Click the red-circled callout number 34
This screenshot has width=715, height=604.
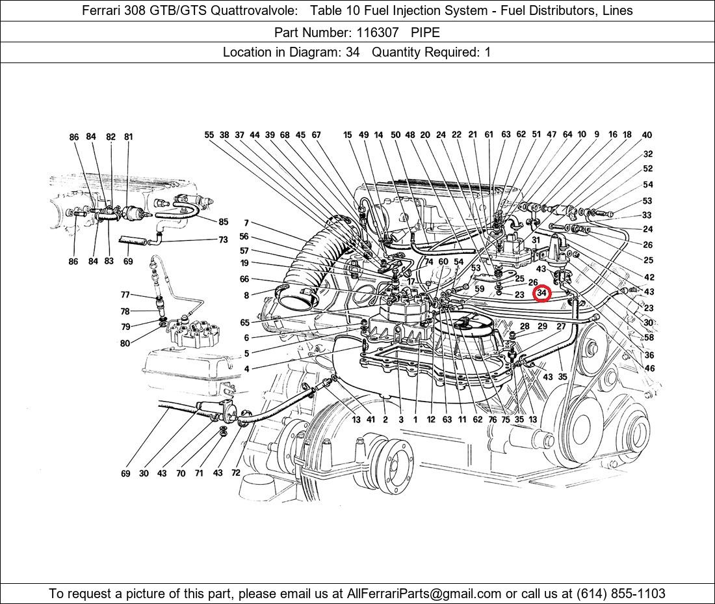[x=541, y=294]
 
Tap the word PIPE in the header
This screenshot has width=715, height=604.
[x=425, y=32]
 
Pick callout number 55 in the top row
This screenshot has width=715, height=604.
[x=209, y=135]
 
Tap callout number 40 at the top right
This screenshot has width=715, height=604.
[x=647, y=135]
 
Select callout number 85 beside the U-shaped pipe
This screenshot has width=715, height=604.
[x=223, y=222]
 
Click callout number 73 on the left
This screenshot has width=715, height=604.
[x=223, y=240]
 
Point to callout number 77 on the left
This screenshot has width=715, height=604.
[x=125, y=295]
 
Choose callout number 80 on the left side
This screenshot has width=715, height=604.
[x=125, y=344]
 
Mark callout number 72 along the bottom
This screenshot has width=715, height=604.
[x=235, y=473]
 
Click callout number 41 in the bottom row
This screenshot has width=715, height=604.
[x=370, y=420]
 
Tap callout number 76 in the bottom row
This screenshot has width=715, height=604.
[x=492, y=420]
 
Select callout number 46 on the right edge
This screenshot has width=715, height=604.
[x=649, y=368]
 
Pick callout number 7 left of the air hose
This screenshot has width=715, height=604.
[x=246, y=223]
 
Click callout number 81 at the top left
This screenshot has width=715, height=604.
[x=129, y=137]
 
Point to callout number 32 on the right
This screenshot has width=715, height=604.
[x=648, y=154]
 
